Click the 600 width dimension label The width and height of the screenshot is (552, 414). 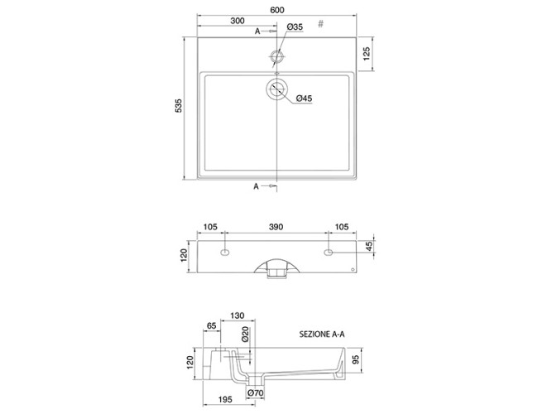click(x=277, y=10)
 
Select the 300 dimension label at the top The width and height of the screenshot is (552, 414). click(x=238, y=21)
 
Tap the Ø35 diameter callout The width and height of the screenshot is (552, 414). click(x=295, y=26)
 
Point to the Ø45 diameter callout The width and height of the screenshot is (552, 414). click(x=304, y=99)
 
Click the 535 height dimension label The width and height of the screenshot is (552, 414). click(x=179, y=106)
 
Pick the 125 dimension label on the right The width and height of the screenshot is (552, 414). click(x=366, y=54)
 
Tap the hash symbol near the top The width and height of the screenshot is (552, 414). click(x=320, y=24)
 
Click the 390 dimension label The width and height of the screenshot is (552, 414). click(x=276, y=227)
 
